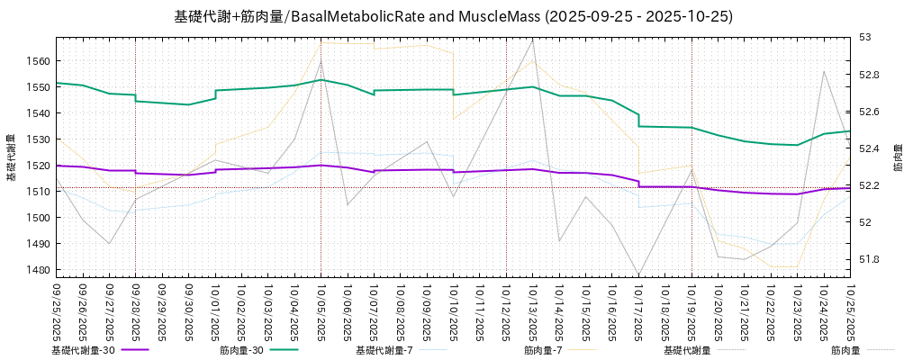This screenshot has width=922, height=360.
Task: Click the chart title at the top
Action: click(453, 16)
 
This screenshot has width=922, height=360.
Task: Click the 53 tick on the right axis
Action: click(864, 38)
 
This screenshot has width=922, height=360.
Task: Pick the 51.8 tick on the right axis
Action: click(868, 260)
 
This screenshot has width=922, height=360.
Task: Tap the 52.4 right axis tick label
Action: click(868, 148)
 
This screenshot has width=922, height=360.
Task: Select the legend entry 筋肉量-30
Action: click(241, 350)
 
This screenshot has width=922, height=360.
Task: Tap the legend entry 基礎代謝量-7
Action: click(384, 350)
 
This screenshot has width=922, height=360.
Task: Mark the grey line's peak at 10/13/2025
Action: click(533, 40)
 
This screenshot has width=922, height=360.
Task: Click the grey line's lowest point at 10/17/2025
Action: click(638, 274)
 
